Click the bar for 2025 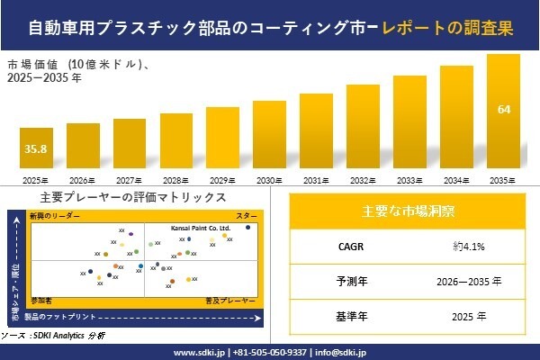coord(36,151)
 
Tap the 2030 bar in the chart coord(269,137)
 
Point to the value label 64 coord(503,110)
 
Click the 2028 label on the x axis coord(175,181)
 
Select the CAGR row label coord(346,245)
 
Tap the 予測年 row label coord(346,281)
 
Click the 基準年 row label coord(346,317)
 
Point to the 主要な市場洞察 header coord(408,211)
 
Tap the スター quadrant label coord(246,217)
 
